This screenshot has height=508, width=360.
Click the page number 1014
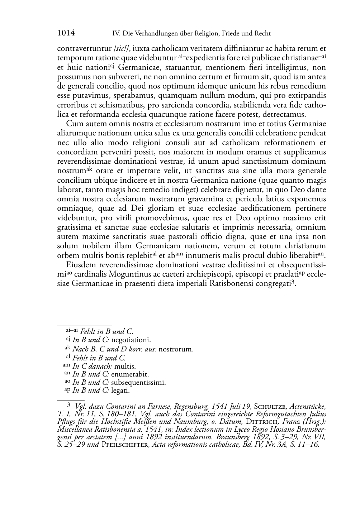point(66,33)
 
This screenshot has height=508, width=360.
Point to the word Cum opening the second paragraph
point(74,124)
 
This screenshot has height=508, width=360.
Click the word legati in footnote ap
point(120,390)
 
